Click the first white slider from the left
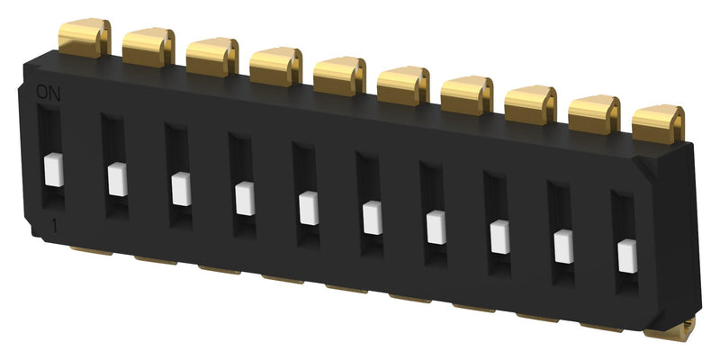coord(52,169)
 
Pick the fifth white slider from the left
coord(307,209)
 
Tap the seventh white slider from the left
coord(436,228)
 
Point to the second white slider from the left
coord(116,179)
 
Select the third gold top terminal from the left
coord(212,58)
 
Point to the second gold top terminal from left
coord(148,49)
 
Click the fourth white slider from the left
coord(243,199)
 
